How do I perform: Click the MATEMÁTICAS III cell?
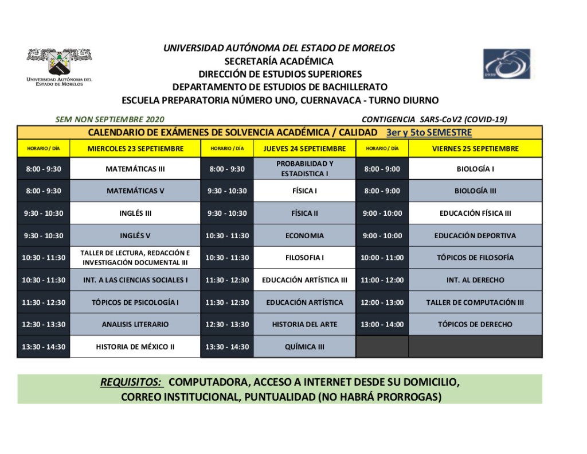click(x=135, y=169)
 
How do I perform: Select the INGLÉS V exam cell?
click(x=135, y=235)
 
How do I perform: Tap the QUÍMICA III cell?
click(x=304, y=347)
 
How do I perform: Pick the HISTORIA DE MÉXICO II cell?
click(x=135, y=347)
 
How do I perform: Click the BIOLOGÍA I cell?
click(x=475, y=169)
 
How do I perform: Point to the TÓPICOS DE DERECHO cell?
click(x=475, y=324)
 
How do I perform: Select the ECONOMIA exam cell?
click(x=304, y=235)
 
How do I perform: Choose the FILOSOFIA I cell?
click(x=304, y=258)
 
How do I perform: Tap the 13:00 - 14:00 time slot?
click(x=382, y=324)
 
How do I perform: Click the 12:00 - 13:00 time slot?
click(x=382, y=302)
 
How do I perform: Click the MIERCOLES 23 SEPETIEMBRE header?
click(x=135, y=148)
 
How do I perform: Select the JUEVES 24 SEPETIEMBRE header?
click(x=304, y=148)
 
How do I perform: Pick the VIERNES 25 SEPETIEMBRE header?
click(x=475, y=148)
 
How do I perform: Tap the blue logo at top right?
click(x=507, y=64)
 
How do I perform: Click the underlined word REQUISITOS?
click(x=131, y=382)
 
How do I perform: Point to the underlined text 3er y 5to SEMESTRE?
click(x=429, y=133)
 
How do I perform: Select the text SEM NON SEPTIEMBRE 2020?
click(x=109, y=119)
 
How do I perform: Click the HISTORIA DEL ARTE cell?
click(x=304, y=324)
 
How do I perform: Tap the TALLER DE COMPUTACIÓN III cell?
click(x=475, y=302)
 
